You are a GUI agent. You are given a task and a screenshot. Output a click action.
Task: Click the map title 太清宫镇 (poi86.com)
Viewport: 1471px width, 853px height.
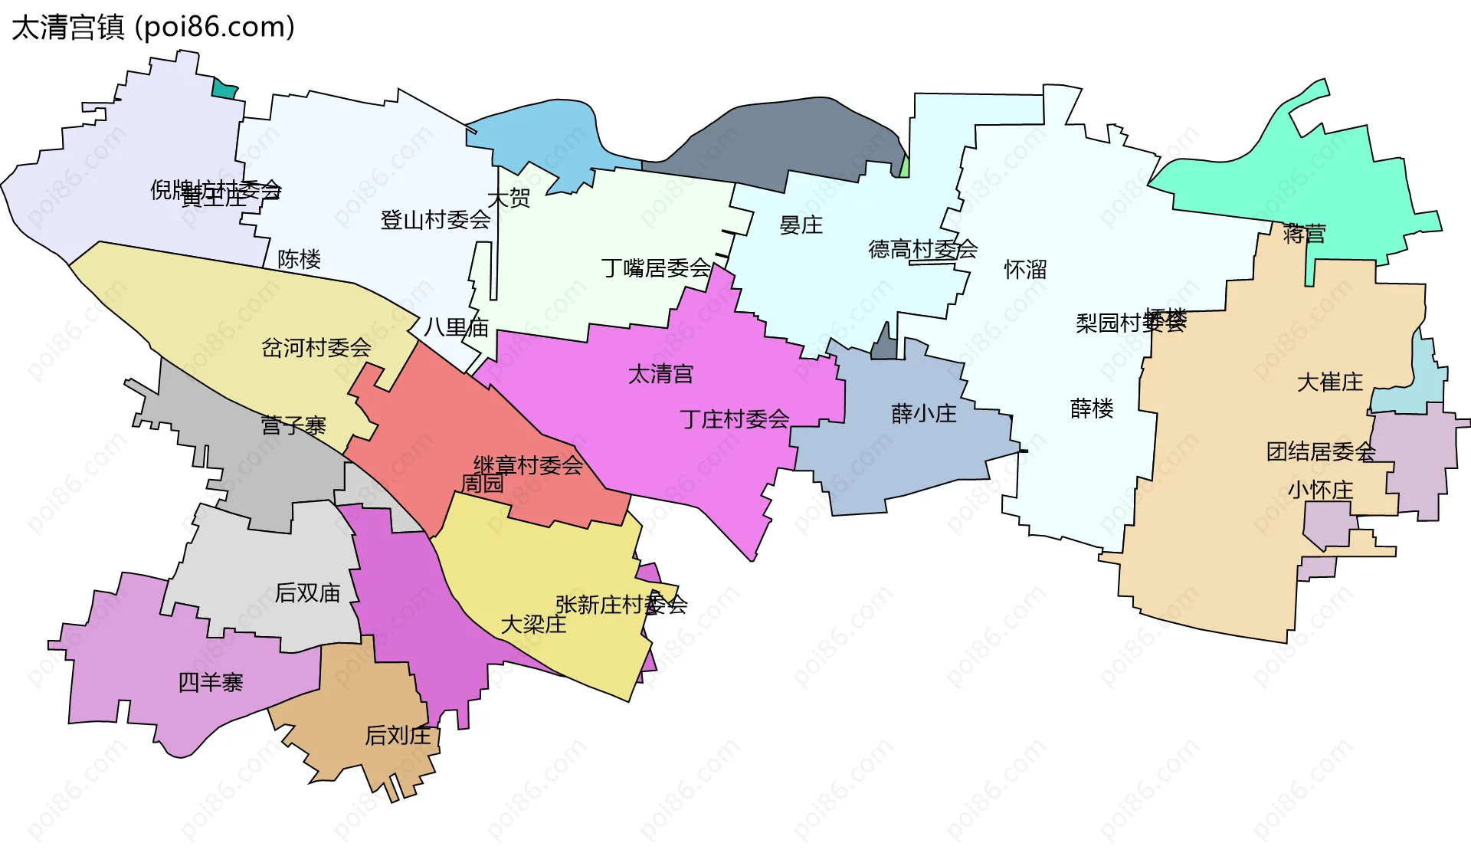[153, 28]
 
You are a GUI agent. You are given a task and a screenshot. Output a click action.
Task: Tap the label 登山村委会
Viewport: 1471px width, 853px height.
[435, 221]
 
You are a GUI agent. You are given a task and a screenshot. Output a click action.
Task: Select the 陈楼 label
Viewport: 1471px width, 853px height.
[299, 259]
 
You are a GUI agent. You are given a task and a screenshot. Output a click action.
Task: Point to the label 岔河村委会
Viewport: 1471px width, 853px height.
[316, 348]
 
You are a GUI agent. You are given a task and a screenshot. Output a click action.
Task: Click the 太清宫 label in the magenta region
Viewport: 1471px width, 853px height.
[660, 374]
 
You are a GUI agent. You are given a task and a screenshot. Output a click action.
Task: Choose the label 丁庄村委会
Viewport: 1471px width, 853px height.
[734, 419]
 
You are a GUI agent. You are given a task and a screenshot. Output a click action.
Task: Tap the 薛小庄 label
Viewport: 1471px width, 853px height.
[924, 414]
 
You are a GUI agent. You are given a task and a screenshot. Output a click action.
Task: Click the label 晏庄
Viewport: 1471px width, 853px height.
[801, 225]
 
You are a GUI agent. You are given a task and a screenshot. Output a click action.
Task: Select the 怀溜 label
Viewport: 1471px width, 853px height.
[1025, 270]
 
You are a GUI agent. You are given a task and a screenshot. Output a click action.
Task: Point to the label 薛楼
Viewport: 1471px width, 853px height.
[1092, 408]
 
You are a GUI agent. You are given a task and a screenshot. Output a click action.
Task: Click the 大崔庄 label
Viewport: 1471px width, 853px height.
[1330, 382]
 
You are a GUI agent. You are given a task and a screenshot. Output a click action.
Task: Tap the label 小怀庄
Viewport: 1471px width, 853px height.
[1320, 490]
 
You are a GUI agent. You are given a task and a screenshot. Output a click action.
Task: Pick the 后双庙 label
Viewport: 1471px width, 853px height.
[307, 592]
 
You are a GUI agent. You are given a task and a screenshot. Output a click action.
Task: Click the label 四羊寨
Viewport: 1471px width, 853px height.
[210, 682]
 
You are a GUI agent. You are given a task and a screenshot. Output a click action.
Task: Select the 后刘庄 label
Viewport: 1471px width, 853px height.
[398, 736]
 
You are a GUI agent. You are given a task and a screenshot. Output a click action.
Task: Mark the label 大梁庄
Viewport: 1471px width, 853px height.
[533, 625]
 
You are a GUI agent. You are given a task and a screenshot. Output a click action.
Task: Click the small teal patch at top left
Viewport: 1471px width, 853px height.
[224, 89]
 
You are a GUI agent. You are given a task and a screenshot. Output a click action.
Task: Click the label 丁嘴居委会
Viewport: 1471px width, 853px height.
[656, 268]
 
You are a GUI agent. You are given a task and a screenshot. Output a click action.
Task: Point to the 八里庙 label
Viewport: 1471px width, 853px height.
[457, 328]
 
